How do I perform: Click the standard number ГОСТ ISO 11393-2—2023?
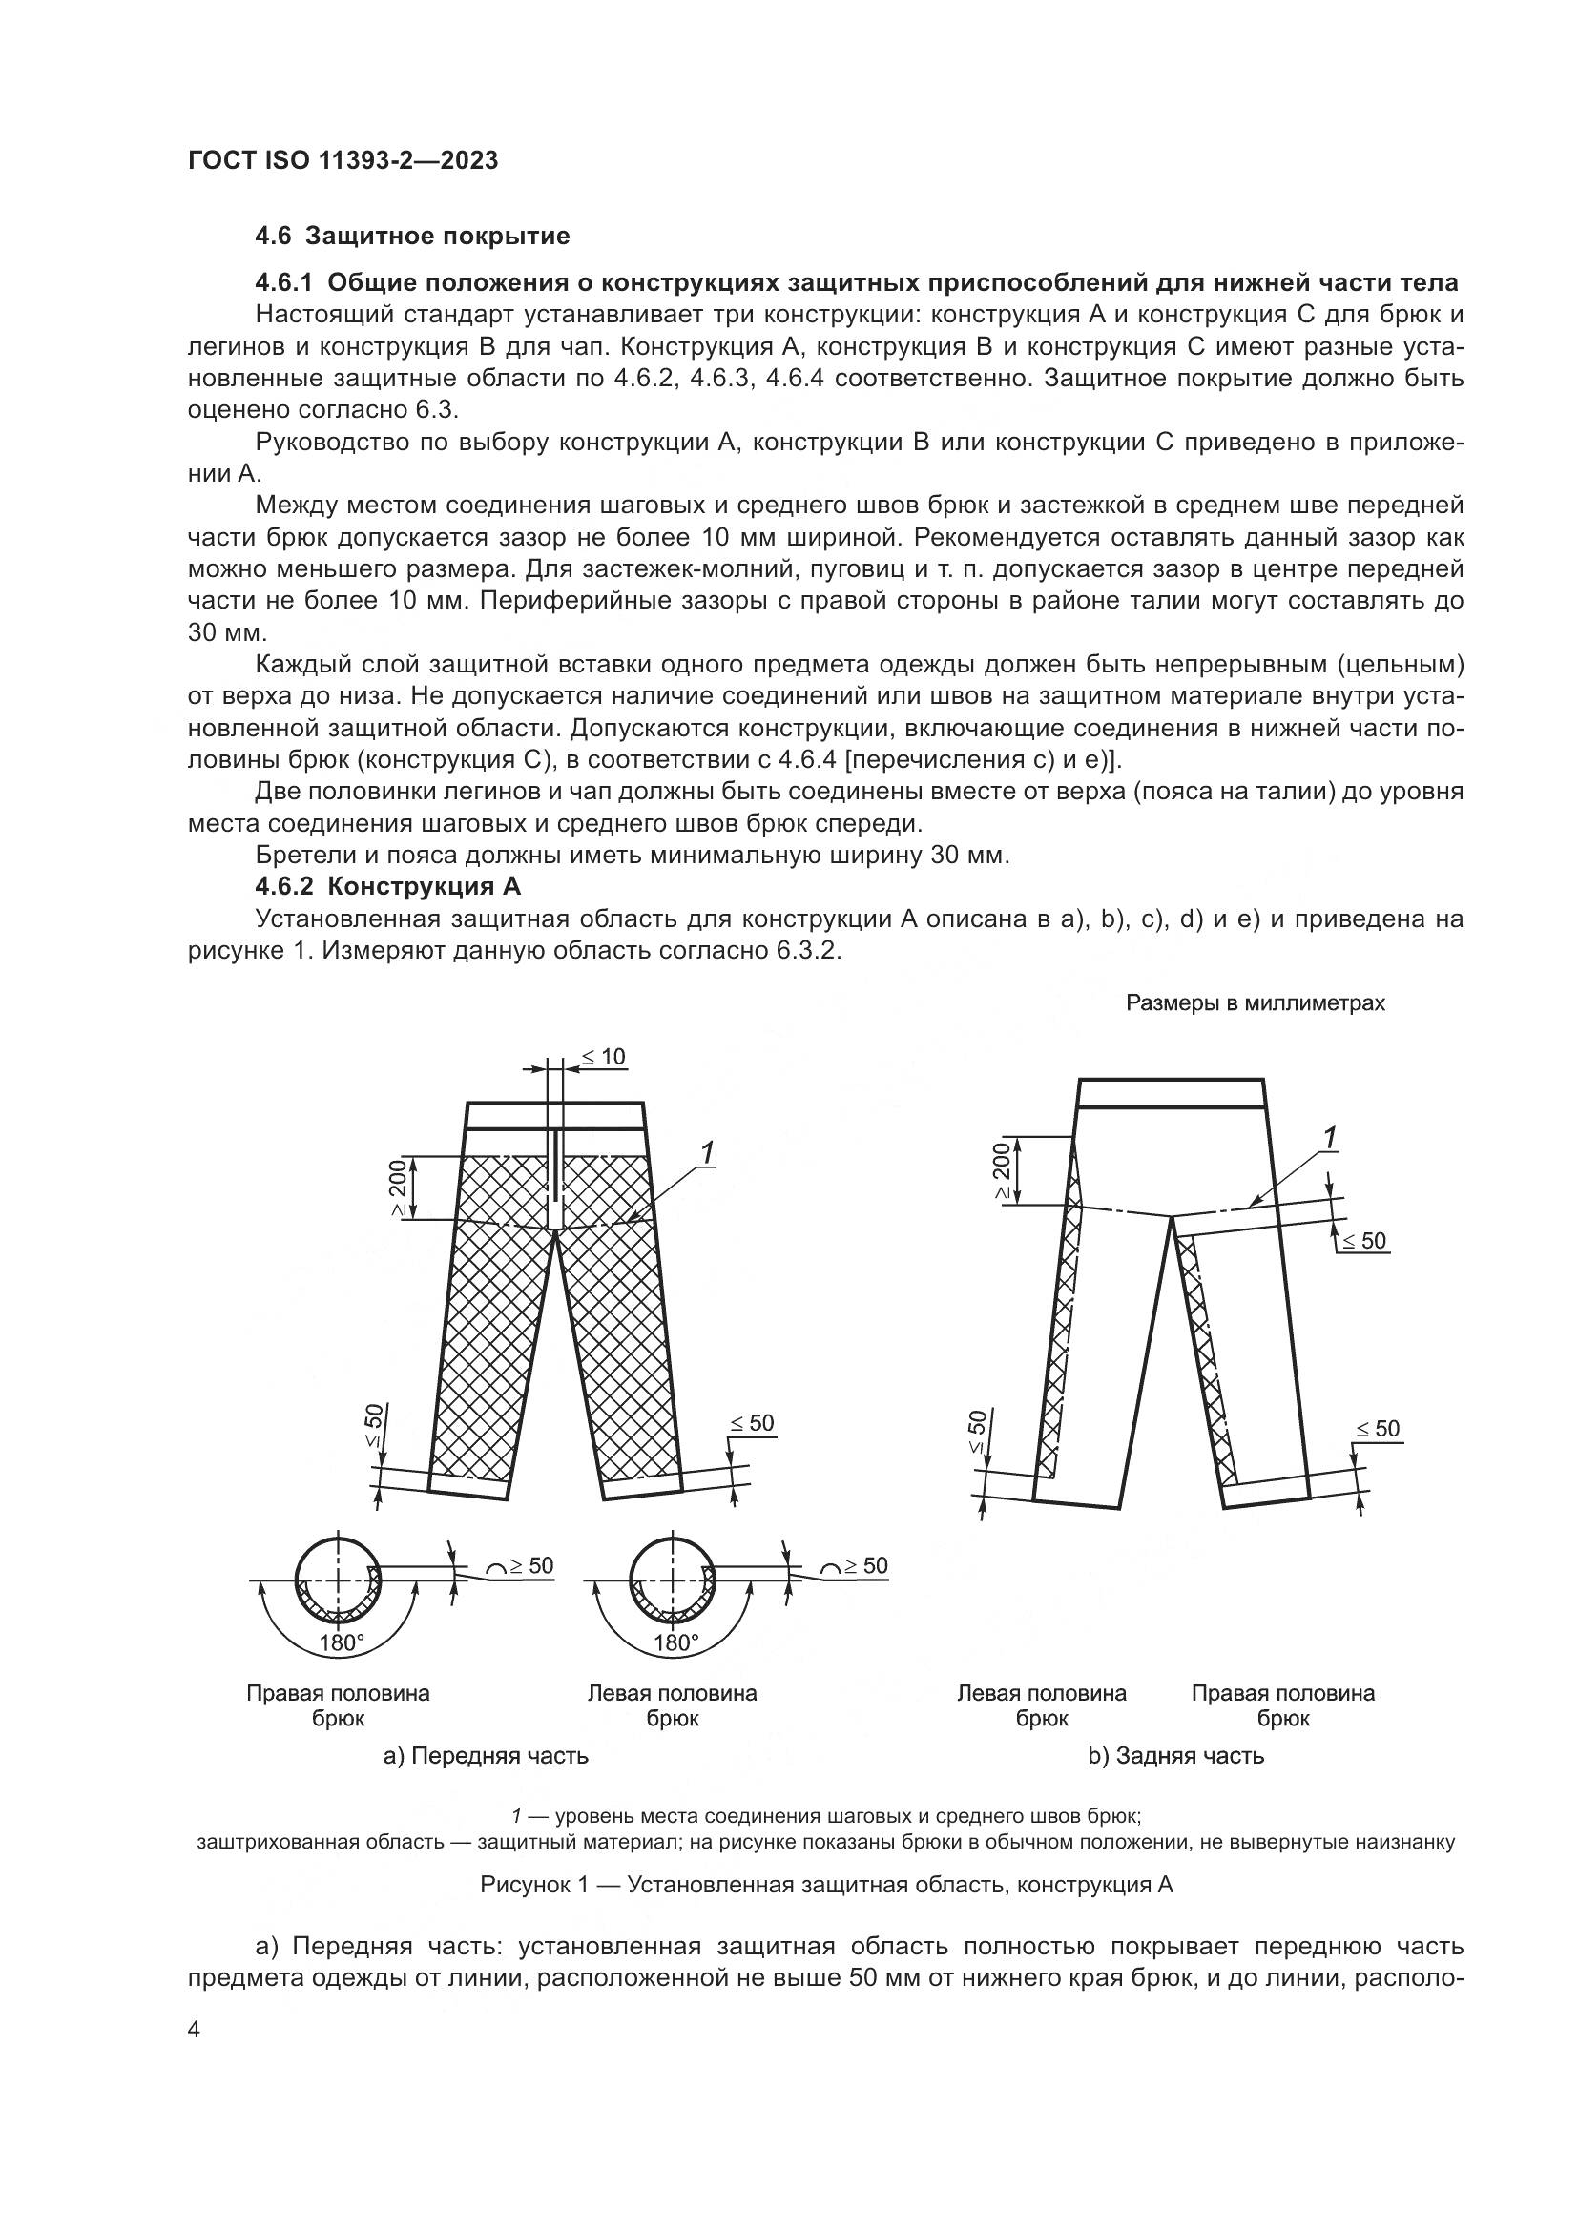pos(343,160)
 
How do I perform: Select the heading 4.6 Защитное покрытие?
pos(412,237)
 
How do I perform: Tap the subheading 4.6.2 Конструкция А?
pos(387,886)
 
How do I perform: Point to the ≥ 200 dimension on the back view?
pos(1001,1171)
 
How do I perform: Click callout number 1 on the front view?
pos(707,1153)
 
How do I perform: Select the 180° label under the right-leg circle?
pos(341,1643)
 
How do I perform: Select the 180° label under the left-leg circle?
pos(676,1643)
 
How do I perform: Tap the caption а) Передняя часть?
pos(486,1756)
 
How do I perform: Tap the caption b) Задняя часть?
pos(1175,1756)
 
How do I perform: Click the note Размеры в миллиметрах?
pos(1256,1003)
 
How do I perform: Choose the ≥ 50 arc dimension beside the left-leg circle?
pos(854,1566)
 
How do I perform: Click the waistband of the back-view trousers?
pos(1171,1093)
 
